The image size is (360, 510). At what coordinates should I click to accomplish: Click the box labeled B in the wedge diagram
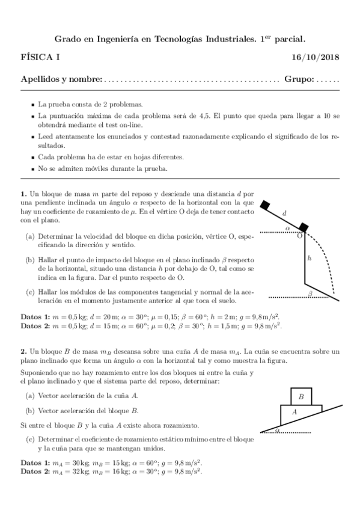pyautogui.click(x=301, y=397)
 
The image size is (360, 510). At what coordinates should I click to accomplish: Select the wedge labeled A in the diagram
pyautogui.click(x=294, y=413)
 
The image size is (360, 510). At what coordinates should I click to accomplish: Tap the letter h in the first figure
pyautogui.click(x=309, y=258)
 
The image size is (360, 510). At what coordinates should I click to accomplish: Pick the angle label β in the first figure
pyautogui.click(x=310, y=293)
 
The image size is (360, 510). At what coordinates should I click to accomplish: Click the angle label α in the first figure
pyautogui.click(x=287, y=229)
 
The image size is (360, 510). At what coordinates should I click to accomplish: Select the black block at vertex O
pyautogui.click(x=304, y=227)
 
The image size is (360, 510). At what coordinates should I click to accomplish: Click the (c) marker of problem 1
pyautogui.click(x=29, y=292)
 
